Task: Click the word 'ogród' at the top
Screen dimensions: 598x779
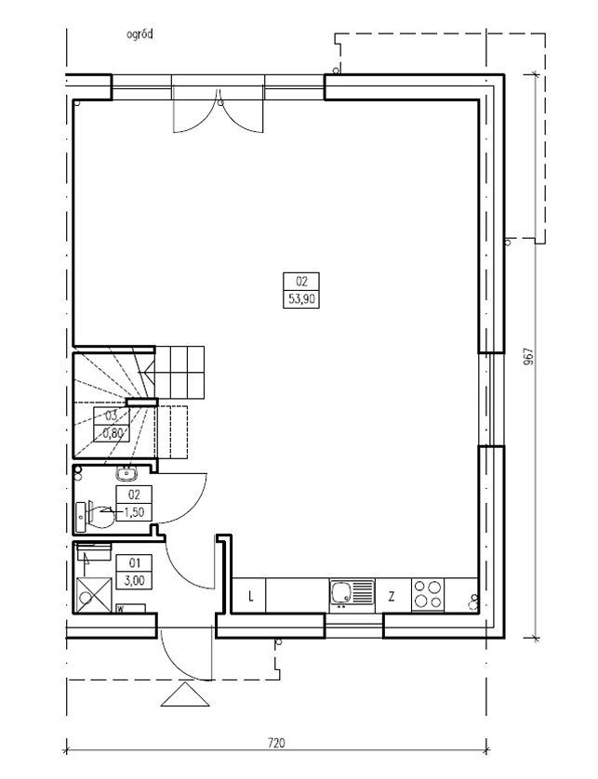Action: coord(140,34)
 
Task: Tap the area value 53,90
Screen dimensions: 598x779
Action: coord(301,299)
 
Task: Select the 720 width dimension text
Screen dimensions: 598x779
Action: coord(276,744)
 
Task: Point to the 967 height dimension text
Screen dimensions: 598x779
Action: coord(528,356)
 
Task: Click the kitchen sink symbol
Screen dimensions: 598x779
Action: coord(352,594)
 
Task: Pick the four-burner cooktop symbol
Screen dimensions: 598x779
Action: coord(428,594)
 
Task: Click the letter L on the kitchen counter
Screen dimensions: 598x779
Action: coord(251,596)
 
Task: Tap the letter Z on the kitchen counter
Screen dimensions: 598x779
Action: coord(392,597)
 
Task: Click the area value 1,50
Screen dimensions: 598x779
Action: coord(134,512)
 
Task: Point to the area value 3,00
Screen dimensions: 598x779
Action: coord(134,580)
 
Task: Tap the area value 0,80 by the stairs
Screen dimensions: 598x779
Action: coord(113,432)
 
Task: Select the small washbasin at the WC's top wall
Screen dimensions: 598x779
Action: coord(128,473)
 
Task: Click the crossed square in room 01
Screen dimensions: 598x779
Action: coord(91,594)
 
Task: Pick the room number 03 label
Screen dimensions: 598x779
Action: coord(111,416)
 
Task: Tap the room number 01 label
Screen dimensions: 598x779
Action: coord(134,563)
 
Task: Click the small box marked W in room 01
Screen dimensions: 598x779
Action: coord(130,609)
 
